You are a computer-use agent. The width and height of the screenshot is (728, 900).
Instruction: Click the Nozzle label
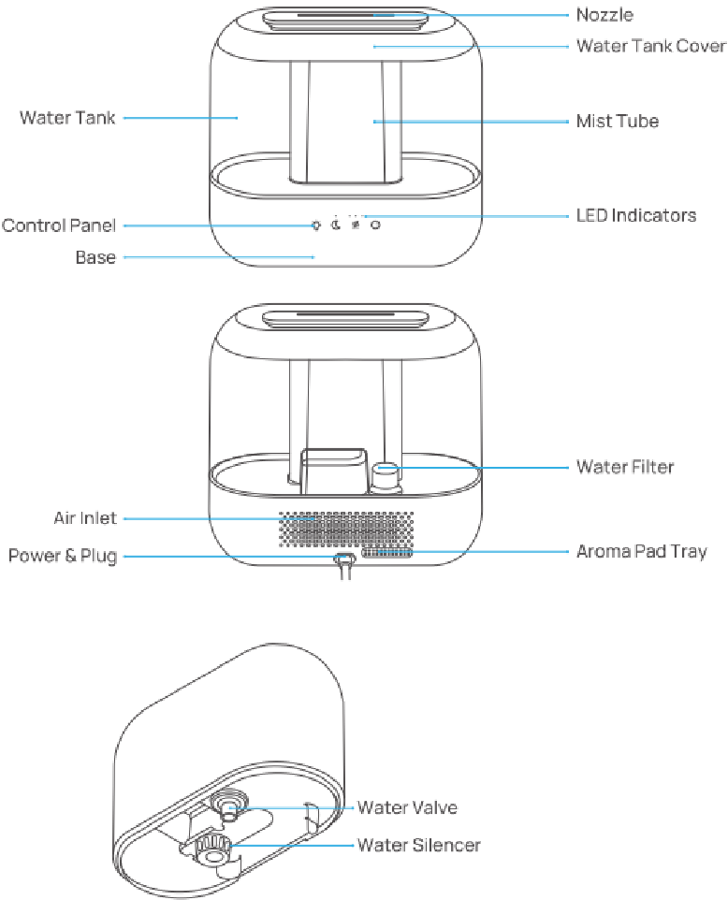click(604, 15)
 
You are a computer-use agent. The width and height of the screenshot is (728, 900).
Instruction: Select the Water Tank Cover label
click(650, 45)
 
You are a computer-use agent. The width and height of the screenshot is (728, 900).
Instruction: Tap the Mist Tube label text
click(617, 121)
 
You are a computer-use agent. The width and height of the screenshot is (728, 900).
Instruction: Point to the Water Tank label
click(68, 118)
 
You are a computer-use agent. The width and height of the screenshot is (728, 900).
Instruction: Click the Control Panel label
click(59, 225)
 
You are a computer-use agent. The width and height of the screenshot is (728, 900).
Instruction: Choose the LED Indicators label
click(635, 215)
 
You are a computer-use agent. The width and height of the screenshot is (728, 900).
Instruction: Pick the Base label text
click(95, 256)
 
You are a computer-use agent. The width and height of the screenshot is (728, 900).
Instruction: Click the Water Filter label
click(624, 466)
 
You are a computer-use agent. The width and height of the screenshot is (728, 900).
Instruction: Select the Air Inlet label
click(84, 518)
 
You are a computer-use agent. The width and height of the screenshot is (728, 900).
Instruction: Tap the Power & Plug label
click(63, 557)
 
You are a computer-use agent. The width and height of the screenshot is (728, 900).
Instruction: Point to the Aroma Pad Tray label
click(641, 551)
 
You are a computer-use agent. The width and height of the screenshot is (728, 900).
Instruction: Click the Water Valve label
click(407, 807)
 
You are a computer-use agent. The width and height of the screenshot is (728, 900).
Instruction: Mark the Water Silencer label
click(418, 845)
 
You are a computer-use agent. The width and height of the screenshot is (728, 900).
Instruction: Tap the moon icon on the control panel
click(335, 224)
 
